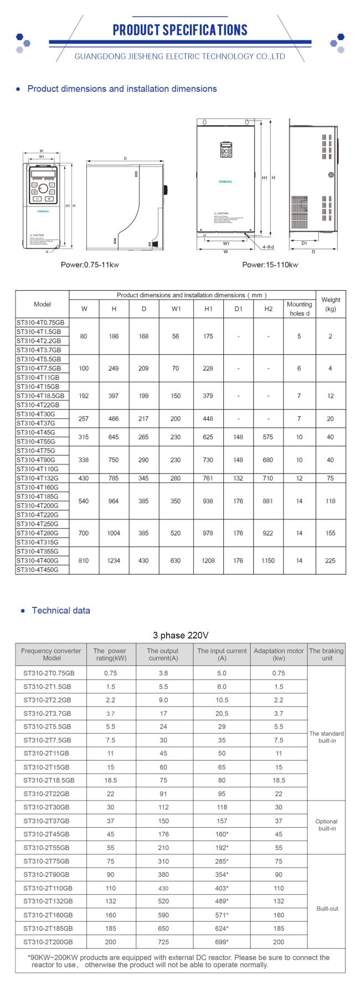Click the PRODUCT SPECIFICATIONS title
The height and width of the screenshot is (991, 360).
pyautogui.click(x=180, y=30)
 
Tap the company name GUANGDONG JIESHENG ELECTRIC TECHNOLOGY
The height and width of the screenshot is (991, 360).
pyautogui.click(x=179, y=56)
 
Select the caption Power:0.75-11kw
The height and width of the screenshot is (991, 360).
pyautogui.click(x=90, y=265)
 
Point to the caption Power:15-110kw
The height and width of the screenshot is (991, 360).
pyautogui.click(x=270, y=265)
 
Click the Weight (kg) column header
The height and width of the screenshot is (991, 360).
pyautogui.click(x=331, y=304)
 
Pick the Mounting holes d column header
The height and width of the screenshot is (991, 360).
pyautogui.click(x=300, y=308)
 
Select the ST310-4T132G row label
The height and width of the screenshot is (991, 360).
pyautogui.click(x=38, y=478)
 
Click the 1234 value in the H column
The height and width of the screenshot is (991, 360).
pyautogui.click(x=114, y=560)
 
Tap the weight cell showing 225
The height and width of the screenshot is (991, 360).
pyautogui.click(x=330, y=560)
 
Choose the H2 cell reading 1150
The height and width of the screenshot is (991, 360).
pyautogui.click(x=268, y=560)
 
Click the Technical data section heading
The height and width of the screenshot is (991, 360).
pyautogui.click(x=60, y=611)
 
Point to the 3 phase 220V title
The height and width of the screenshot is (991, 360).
pyautogui.click(x=181, y=635)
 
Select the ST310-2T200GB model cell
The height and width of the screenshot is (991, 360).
pyautogui.click(x=48, y=942)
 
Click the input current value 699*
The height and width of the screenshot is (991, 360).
pyautogui.click(x=222, y=942)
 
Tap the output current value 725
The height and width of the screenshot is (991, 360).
pyautogui.click(x=163, y=942)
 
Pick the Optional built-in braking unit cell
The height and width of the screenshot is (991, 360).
pyautogui.click(x=326, y=825)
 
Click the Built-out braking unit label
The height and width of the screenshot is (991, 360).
pyautogui.click(x=327, y=909)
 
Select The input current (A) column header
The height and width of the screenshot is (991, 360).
pyautogui.click(x=222, y=654)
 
